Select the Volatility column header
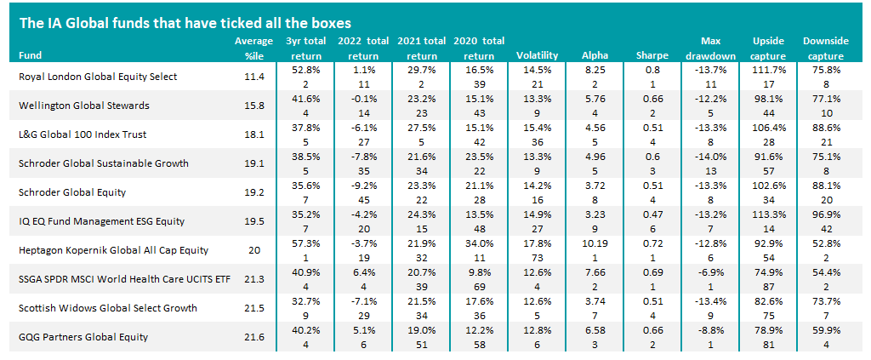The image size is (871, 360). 537,56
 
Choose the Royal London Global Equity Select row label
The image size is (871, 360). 98,77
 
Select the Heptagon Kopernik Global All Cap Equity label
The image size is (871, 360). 113,249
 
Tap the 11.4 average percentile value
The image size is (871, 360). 253,77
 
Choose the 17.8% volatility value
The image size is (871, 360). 537,243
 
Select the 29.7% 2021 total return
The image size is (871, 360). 420,71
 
